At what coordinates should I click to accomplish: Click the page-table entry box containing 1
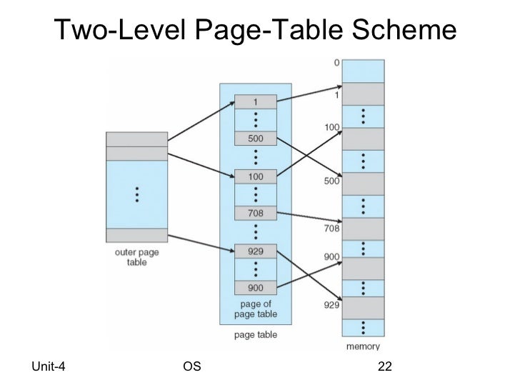coord(256,102)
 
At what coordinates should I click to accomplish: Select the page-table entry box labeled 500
coord(256,139)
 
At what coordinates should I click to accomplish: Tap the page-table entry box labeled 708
coord(256,213)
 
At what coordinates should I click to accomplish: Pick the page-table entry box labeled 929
coord(256,251)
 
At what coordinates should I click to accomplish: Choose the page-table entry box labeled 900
coord(256,287)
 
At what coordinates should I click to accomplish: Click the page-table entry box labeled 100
coord(256,176)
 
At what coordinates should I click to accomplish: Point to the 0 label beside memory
coord(336,62)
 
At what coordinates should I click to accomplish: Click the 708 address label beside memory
coord(330,229)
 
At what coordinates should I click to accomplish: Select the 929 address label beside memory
coord(330,304)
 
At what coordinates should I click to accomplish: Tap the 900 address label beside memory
coord(330,256)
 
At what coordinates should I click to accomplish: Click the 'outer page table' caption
coord(136,257)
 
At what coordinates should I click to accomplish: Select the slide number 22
coord(385,367)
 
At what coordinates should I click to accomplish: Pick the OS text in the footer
coord(191,367)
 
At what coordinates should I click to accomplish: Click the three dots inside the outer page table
coord(136,194)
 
